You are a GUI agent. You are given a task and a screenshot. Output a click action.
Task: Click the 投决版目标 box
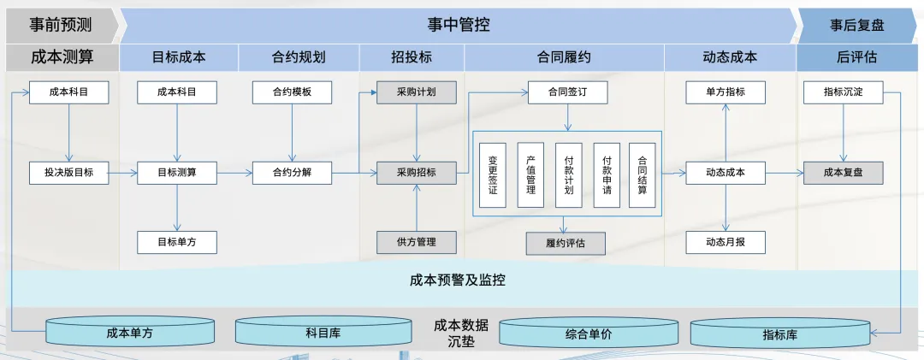pos(68,173)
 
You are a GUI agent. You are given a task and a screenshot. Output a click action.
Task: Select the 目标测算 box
pos(176,173)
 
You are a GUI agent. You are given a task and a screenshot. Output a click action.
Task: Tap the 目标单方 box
pos(176,242)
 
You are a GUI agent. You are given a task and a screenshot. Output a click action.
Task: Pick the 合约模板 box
pos(292,92)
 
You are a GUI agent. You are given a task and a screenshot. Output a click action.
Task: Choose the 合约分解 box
pos(292,173)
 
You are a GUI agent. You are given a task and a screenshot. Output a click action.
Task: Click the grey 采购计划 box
pos(417,92)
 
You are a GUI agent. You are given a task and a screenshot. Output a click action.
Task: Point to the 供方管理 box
pos(417,242)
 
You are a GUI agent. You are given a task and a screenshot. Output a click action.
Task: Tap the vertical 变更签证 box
pos(493,175)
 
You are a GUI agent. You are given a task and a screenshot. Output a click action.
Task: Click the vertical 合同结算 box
pos(642,175)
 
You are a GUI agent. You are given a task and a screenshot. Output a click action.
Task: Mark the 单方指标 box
pos(726,92)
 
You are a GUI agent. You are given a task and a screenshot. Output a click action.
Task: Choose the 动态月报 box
pos(726,242)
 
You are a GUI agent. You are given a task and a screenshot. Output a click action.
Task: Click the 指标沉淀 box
pos(843,92)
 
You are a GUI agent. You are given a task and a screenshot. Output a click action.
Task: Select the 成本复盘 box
pos(843,173)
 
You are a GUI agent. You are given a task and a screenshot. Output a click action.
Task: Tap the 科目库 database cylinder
pos(323,333)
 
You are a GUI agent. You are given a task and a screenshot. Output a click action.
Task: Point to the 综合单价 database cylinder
pos(588,333)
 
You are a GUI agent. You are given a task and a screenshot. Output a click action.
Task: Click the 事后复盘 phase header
pos(857,25)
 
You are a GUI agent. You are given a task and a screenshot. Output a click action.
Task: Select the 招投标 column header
pos(412,58)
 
